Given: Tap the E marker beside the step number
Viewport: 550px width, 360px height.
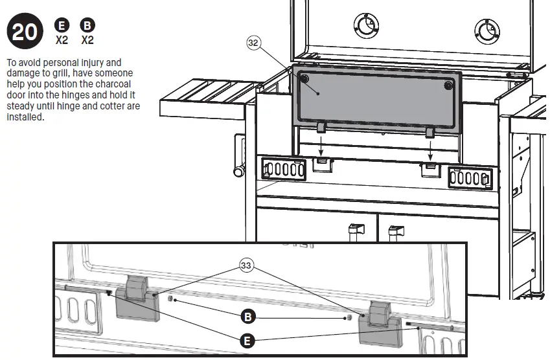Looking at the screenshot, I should tap(62, 25).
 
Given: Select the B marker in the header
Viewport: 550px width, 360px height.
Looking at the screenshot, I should tap(87, 25).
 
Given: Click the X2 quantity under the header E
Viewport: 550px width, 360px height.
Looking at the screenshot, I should tap(62, 40).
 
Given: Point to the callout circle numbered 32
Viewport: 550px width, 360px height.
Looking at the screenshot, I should tap(253, 43).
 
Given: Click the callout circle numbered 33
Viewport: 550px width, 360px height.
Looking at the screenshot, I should tap(246, 265).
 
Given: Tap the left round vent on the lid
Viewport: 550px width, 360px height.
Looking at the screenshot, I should tap(366, 25).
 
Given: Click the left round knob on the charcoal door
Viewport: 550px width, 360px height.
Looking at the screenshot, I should tap(304, 78).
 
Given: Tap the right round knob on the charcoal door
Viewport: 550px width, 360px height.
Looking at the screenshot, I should tap(448, 85).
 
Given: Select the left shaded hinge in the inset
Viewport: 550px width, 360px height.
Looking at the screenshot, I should tap(137, 298).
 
